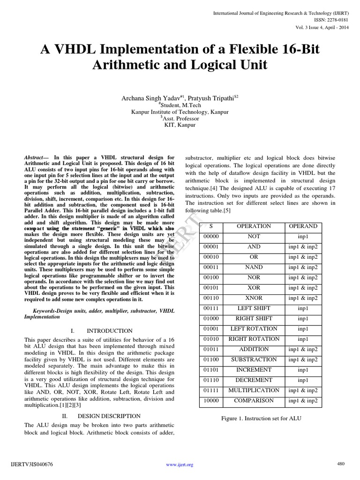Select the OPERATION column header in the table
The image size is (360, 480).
pos(254,226)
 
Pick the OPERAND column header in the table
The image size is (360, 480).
pos(303,226)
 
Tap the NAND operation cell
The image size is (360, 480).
pos(254,267)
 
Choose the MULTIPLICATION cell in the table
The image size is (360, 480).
pos(254,390)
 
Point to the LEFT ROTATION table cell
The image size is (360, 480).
pos(254,329)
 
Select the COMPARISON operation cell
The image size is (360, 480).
pos(254,401)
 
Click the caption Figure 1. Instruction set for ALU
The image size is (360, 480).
pos(261,418)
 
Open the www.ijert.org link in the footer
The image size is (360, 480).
pos(180,465)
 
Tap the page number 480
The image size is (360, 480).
pos(341,464)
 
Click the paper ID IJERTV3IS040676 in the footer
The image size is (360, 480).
pos(31,465)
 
